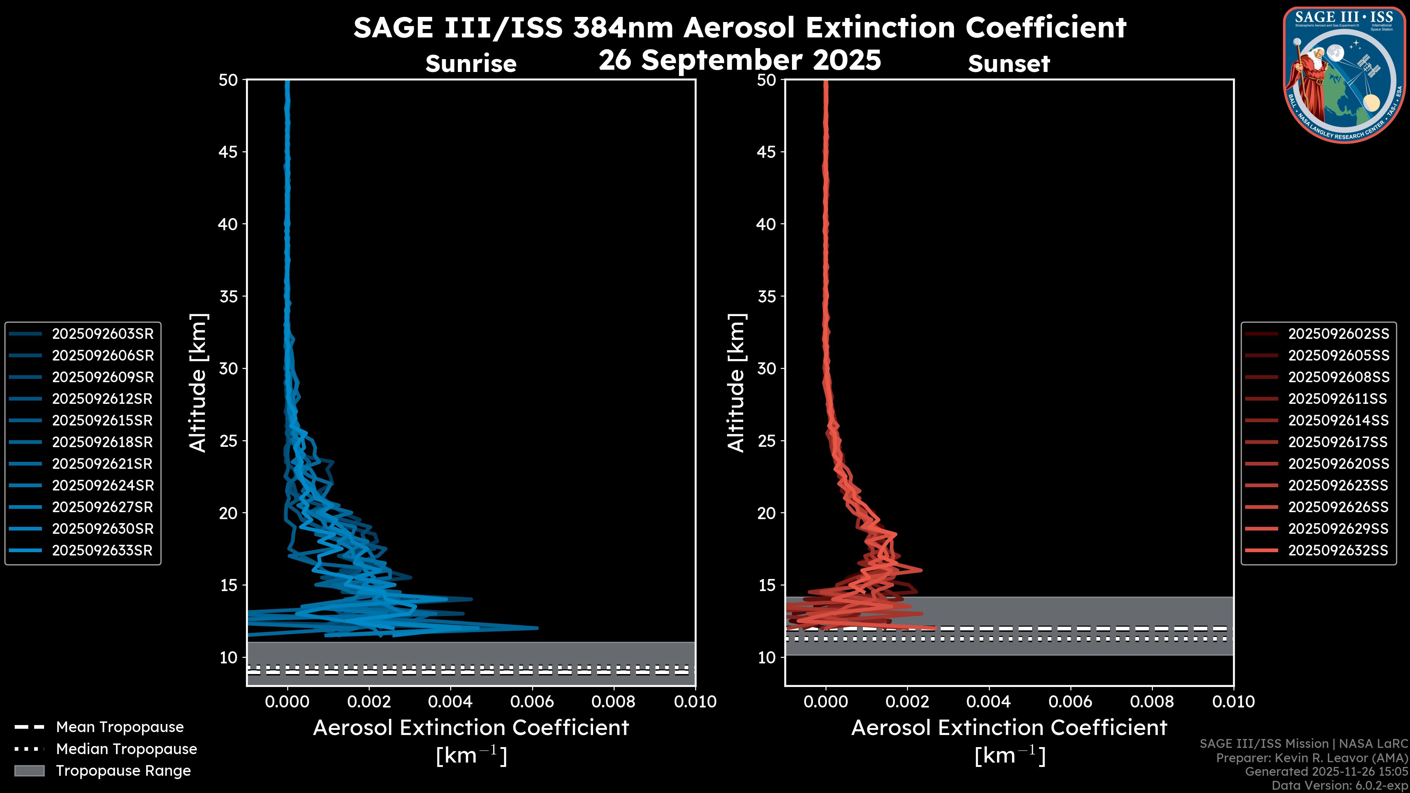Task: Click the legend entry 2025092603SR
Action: [102, 334]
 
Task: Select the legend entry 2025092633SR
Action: [102, 551]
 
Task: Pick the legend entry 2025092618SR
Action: [102, 442]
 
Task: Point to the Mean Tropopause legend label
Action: [120, 727]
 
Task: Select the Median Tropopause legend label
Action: [126, 749]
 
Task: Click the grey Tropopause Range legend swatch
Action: [29, 771]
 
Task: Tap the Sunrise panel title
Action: [471, 64]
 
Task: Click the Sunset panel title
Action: [1009, 64]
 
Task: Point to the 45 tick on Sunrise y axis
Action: [228, 152]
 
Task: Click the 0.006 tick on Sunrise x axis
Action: [532, 702]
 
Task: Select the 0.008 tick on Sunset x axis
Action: [1152, 702]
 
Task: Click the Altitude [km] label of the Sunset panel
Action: [736, 383]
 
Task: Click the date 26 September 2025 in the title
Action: [740, 60]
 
